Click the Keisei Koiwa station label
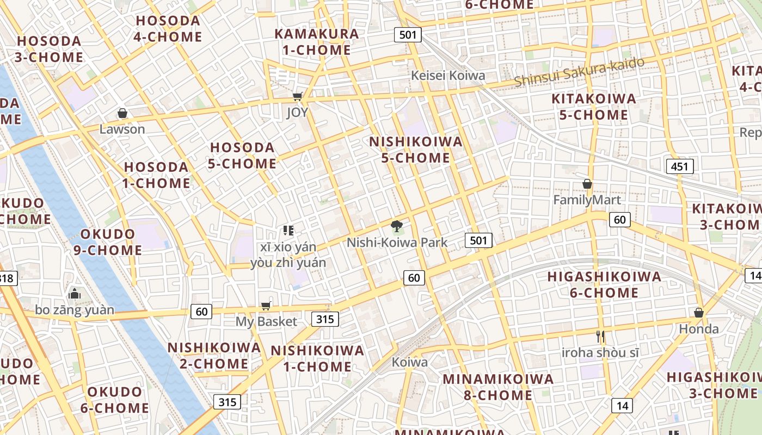(x=448, y=76)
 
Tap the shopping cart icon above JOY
(x=297, y=97)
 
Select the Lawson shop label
(x=122, y=129)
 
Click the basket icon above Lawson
(x=122, y=113)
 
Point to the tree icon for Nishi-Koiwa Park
(x=397, y=226)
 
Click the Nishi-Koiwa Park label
(x=397, y=243)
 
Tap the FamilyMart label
(x=587, y=200)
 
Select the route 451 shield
(x=680, y=166)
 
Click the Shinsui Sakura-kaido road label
(x=579, y=71)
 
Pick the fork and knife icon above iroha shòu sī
(x=600, y=337)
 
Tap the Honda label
(x=699, y=329)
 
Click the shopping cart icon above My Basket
(x=266, y=306)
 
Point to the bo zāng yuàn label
(x=75, y=310)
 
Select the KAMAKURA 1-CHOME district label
(x=317, y=42)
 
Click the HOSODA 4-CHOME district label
(x=168, y=29)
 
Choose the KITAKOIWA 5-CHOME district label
(x=594, y=107)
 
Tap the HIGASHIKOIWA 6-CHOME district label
(x=604, y=284)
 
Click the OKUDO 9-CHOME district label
(x=108, y=242)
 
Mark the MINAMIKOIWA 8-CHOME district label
(x=498, y=387)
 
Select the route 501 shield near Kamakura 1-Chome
(x=408, y=35)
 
